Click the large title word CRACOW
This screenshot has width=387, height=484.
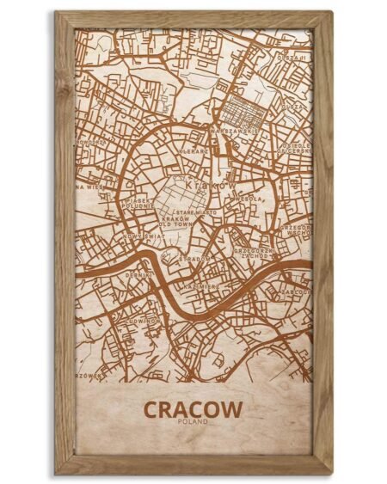point(193,409)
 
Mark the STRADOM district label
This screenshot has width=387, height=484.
point(196,258)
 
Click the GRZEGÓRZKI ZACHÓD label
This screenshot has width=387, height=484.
point(255,254)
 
